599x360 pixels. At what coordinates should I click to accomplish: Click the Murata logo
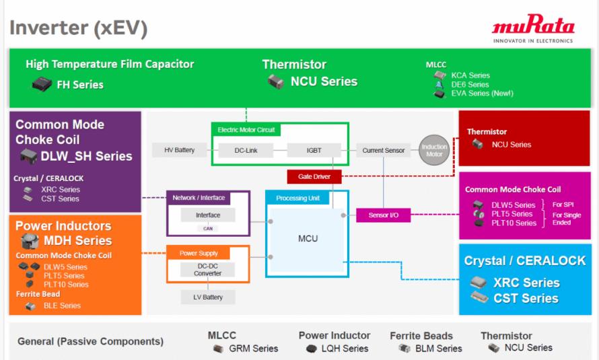(x=533, y=29)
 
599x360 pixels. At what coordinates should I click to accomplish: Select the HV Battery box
(x=179, y=150)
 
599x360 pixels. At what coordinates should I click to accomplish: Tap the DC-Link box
(x=246, y=151)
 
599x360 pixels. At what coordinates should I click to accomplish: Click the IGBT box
(x=314, y=151)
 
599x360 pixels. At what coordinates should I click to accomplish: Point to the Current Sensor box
(x=383, y=151)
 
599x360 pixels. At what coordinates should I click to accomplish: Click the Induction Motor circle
(x=434, y=150)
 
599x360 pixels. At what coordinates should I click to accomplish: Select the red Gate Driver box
(x=314, y=177)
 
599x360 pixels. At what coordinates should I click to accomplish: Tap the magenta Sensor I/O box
(x=383, y=215)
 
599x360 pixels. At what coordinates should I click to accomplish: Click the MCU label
(x=308, y=239)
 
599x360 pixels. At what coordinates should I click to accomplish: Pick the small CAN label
(x=208, y=229)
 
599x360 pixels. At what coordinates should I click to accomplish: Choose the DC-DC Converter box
(x=207, y=270)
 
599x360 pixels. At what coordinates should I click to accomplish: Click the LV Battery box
(x=208, y=297)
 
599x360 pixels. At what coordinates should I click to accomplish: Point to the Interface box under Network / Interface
(x=208, y=215)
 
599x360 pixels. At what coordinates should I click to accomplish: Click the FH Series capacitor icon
(x=42, y=84)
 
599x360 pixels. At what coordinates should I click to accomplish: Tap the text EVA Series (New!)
(x=482, y=93)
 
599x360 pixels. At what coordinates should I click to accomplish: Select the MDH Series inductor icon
(x=30, y=240)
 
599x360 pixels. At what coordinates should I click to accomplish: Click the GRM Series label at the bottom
(x=253, y=349)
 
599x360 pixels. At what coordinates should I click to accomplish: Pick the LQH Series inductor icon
(x=312, y=349)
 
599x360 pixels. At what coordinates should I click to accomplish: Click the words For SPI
(x=563, y=205)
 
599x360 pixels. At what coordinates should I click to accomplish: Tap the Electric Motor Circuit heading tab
(x=246, y=130)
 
